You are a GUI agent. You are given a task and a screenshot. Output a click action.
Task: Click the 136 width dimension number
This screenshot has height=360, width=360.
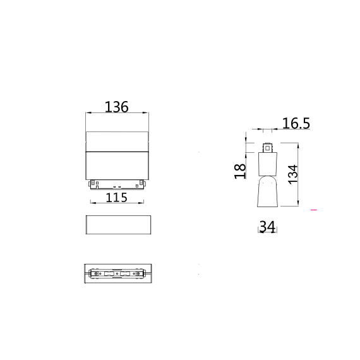click(x=116, y=107)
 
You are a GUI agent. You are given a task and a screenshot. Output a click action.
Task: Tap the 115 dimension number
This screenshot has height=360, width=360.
click(x=116, y=197)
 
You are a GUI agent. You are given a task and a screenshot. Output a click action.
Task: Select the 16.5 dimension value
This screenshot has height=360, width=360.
click(x=295, y=123)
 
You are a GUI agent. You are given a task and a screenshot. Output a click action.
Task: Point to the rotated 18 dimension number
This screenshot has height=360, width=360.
click(x=240, y=171)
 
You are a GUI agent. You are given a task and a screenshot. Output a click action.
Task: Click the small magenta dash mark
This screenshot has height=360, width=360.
click(x=314, y=209)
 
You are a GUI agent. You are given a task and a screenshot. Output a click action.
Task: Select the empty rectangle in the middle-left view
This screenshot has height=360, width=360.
click(x=117, y=225)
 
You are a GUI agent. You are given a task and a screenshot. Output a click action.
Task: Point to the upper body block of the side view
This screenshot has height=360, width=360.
click(x=268, y=164)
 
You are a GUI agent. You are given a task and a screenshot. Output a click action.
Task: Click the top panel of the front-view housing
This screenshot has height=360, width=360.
click(x=117, y=141)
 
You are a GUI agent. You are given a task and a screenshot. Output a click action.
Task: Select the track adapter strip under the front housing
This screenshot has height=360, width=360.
click(x=117, y=184)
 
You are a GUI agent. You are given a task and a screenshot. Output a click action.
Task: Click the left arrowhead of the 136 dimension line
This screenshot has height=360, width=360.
click(x=87, y=114)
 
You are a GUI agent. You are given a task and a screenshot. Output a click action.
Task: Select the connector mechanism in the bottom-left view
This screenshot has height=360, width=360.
click(x=117, y=275)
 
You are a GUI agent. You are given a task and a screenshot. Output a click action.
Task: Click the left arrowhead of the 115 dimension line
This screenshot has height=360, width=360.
click(x=92, y=203)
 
